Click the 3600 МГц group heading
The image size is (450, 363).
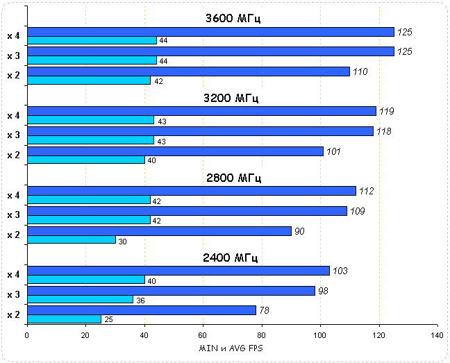pos(233,19)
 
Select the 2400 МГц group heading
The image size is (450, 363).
pos(231,258)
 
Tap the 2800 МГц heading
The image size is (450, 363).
pos(233,178)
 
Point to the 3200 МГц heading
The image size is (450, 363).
pos(233,99)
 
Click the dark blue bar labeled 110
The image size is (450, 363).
pos(187,71)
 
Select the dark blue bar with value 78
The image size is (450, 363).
pos(141,310)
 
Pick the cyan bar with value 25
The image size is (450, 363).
pos(64,319)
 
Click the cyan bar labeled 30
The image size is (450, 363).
pos(71,239)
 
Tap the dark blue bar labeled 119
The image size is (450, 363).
pos(201,111)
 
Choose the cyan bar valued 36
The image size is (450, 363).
pos(80,299)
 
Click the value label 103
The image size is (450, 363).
pos(340,271)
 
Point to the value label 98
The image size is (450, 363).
pos(323,291)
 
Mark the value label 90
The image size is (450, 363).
pos(299,231)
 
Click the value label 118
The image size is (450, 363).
pos(384,131)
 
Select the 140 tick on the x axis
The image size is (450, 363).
pos(437,335)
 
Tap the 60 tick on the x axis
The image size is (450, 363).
pos(203,335)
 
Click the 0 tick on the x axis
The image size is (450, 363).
pos(27,335)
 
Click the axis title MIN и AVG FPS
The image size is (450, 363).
pos(232,347)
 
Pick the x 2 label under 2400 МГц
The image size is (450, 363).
pos(13,314)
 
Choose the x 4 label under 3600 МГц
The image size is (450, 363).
pos(13,35)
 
